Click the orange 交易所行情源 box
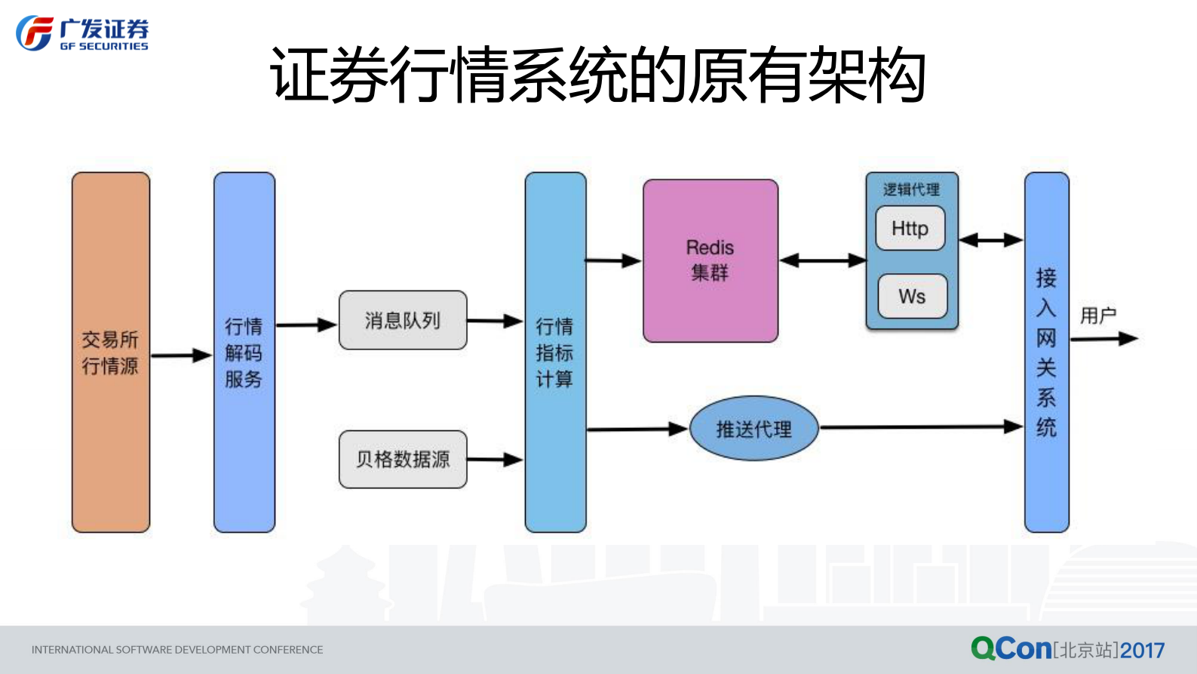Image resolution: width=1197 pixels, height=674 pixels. tap(111, 352)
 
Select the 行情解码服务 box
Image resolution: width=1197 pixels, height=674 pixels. tap(244, 352)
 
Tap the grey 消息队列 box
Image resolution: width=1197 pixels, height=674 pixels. tap(403, 320)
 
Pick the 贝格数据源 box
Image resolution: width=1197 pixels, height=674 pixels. tap(403, 459)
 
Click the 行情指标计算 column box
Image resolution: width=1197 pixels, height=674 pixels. tap(555, 352)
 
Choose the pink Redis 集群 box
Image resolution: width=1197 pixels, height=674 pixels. tap(710, 260)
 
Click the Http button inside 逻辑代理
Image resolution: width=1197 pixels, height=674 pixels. tap(910, 228)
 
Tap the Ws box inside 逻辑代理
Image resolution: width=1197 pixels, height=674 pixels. tap(912, 296)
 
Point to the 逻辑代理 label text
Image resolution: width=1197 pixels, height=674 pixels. tap(911, 189)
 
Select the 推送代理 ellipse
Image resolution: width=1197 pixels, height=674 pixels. tap(753, 429)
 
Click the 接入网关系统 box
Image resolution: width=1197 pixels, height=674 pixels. tap(1046, 352)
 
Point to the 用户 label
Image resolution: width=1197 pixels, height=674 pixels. tap(1097, 315)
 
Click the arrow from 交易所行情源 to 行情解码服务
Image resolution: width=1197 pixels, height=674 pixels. tap(181, 355)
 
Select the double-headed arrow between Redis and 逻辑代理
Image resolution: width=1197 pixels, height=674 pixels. tap(822, 260)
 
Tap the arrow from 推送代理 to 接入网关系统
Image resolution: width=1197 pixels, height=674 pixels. tap(920, 427)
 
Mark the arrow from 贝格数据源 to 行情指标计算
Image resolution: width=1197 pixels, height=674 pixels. tap(495, 459)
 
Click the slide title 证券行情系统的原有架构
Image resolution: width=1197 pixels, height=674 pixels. tap(597, 74)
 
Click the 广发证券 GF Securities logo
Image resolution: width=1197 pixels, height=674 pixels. tap(82, 34)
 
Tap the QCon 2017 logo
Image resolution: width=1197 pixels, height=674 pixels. tap(1067, 648)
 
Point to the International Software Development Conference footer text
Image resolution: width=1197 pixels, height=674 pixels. tap(177, 649)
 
